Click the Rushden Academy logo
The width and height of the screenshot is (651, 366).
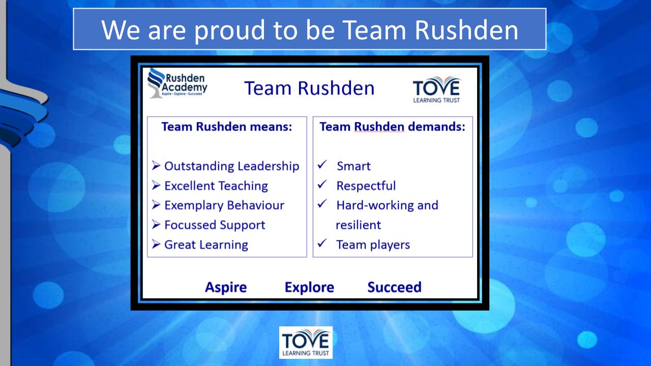pyautogui.click(x=177, y=83)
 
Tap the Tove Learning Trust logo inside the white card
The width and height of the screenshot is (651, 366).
pyautogui.click(x=437, y=90)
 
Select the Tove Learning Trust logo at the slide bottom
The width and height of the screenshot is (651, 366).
pyautogui.click(x=306, y=343)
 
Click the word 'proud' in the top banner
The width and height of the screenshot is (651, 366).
pyautogui.click(x=229, y=31)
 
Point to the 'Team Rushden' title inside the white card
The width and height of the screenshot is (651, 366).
pyautogui.click(x=309, y=88)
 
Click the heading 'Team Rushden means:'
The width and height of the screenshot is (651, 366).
pyautogui.click(x=227, y=127)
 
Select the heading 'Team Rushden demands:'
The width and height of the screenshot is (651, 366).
pyautogui.click(x=393, y=127)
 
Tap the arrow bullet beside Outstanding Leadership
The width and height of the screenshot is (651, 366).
pyautogui.click(x=156, y=166)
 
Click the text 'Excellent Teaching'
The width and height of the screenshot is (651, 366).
pyautogui.click(x=216, y=186)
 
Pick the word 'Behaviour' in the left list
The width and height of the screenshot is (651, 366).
pyautogui.click(x=256, y=205)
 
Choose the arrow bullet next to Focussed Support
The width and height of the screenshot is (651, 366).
pyautogui.click(x=156, y=225)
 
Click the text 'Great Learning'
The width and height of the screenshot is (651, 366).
pyautogui.click(x=206, y=245)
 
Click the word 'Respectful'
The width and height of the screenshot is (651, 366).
pyautogui.click(x=366, y=186)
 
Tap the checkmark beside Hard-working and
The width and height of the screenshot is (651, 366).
pyautogui.click(x=322, y=204)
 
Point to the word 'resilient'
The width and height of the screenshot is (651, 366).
pyautogui.click(x=358, y=225)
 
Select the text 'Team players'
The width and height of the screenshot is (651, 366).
pyautogui.click(x=373, y=245)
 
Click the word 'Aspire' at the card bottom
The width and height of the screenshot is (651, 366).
pyautogui.click(x=226, y=288)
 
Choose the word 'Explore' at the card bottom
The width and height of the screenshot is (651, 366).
pyautogui.click(x=309, y=288)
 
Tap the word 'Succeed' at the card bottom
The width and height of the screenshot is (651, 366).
pyautogui.click(x=394, y=287)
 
